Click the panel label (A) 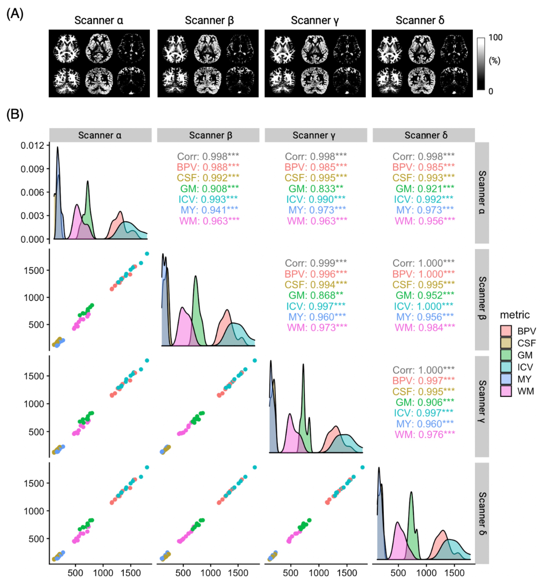pos(15,14)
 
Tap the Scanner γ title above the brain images pos(315,20)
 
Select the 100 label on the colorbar pos(495,37)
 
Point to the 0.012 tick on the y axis pos(32,145)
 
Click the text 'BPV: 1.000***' pos(423,274)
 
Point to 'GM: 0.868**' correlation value pos(316,295)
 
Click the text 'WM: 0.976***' pos(424,434)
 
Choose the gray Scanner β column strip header pos(208,135)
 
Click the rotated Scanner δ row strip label pos(482,513)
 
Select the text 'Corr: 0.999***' pos(316,263)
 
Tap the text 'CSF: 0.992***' pos(208,178)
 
